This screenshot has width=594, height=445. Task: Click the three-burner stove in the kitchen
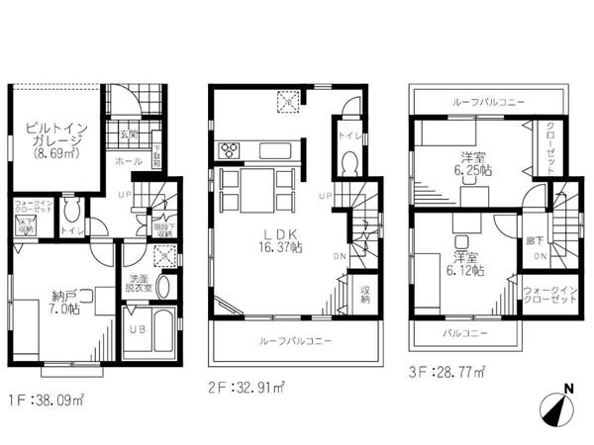tap(228, 151)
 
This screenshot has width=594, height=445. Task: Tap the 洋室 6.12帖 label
tap(465, 261)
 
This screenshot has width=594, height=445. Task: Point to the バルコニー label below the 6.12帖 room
tap(466, 334)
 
